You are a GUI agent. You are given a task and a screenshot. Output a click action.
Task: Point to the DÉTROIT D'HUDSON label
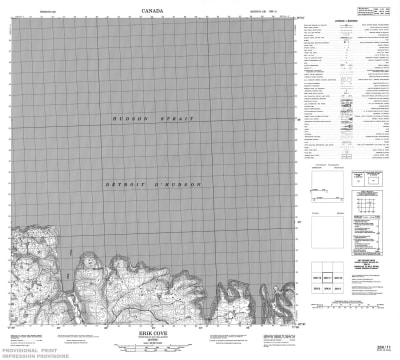[153, 187]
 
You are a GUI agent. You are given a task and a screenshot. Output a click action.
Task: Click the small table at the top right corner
[381, 9]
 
